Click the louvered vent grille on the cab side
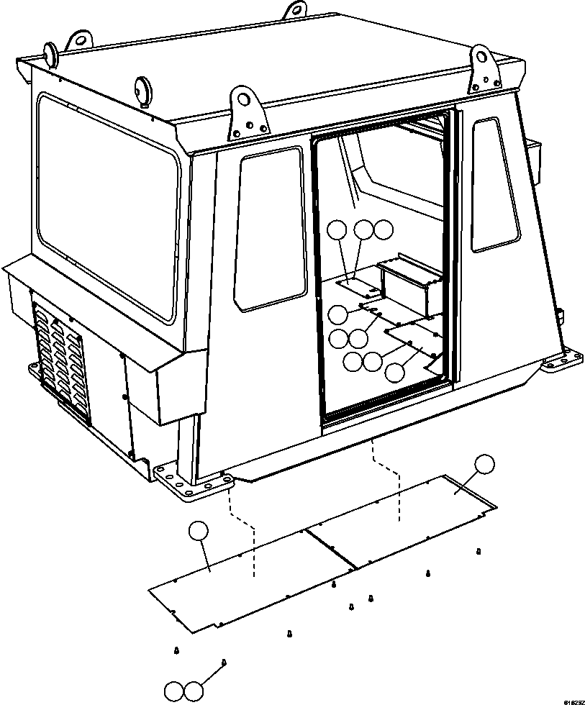(x=61, y=360)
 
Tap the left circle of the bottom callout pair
(x=175, y=691)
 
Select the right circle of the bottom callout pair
(x=194, y=691)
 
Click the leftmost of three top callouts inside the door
(x=337, y=230)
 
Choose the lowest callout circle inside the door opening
(x=395, y=372)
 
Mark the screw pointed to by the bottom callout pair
(x=224, y=662)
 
